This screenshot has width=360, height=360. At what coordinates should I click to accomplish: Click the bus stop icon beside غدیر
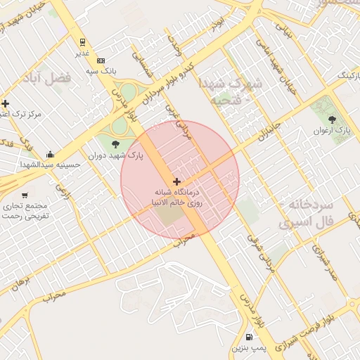[83, 41]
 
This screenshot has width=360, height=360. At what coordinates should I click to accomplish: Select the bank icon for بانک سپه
[101, 61]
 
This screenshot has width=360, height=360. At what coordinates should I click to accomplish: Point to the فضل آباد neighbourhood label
[67, 79]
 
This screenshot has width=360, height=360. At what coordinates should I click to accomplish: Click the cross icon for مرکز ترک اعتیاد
[5, 103]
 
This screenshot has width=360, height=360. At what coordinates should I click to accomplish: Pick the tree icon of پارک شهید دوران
[115, 144]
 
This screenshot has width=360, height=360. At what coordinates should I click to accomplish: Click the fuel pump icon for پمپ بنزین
[249, 337]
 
